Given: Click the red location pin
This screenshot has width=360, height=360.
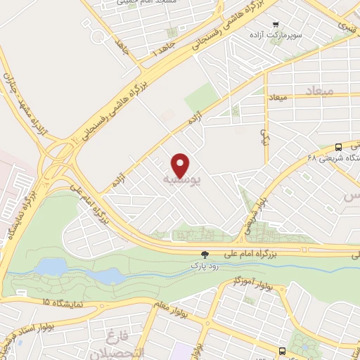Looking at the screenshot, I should tap(181, 165).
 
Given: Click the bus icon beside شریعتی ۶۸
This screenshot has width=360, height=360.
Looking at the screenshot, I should tap(339, 148).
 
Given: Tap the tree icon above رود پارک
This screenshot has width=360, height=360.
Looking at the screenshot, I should tap(205, 255).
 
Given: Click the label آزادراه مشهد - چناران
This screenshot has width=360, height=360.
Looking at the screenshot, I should tap(25, 105).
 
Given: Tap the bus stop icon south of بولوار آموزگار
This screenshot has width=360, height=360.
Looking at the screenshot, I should tap(282, 350).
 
